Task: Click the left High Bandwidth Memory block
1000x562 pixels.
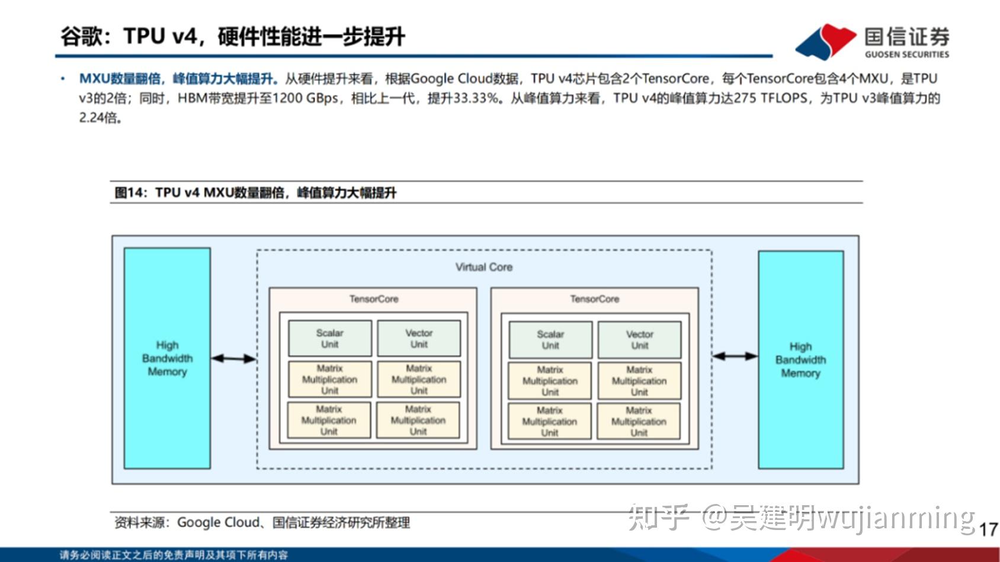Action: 167,358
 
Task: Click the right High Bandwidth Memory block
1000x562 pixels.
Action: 800,359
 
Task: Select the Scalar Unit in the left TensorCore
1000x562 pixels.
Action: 329,339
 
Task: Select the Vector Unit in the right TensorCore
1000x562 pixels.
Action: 639,340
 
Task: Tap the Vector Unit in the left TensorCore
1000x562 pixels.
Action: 419,339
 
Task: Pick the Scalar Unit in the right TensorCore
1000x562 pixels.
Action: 550,340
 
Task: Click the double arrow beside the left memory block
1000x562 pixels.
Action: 233,358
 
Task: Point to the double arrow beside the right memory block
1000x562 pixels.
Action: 735,356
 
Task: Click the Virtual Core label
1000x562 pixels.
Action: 483,267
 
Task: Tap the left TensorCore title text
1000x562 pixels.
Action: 373,299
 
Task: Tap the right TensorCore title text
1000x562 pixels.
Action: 594,299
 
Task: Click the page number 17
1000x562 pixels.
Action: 988,529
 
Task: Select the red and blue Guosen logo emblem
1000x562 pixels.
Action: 825,41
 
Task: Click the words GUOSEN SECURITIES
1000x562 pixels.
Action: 906,54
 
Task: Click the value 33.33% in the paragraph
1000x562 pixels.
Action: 475,98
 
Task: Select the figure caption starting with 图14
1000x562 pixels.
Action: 255,192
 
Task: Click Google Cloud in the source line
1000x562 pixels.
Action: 218,522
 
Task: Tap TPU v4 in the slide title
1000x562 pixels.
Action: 160,37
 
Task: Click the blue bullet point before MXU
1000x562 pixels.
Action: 63,79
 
